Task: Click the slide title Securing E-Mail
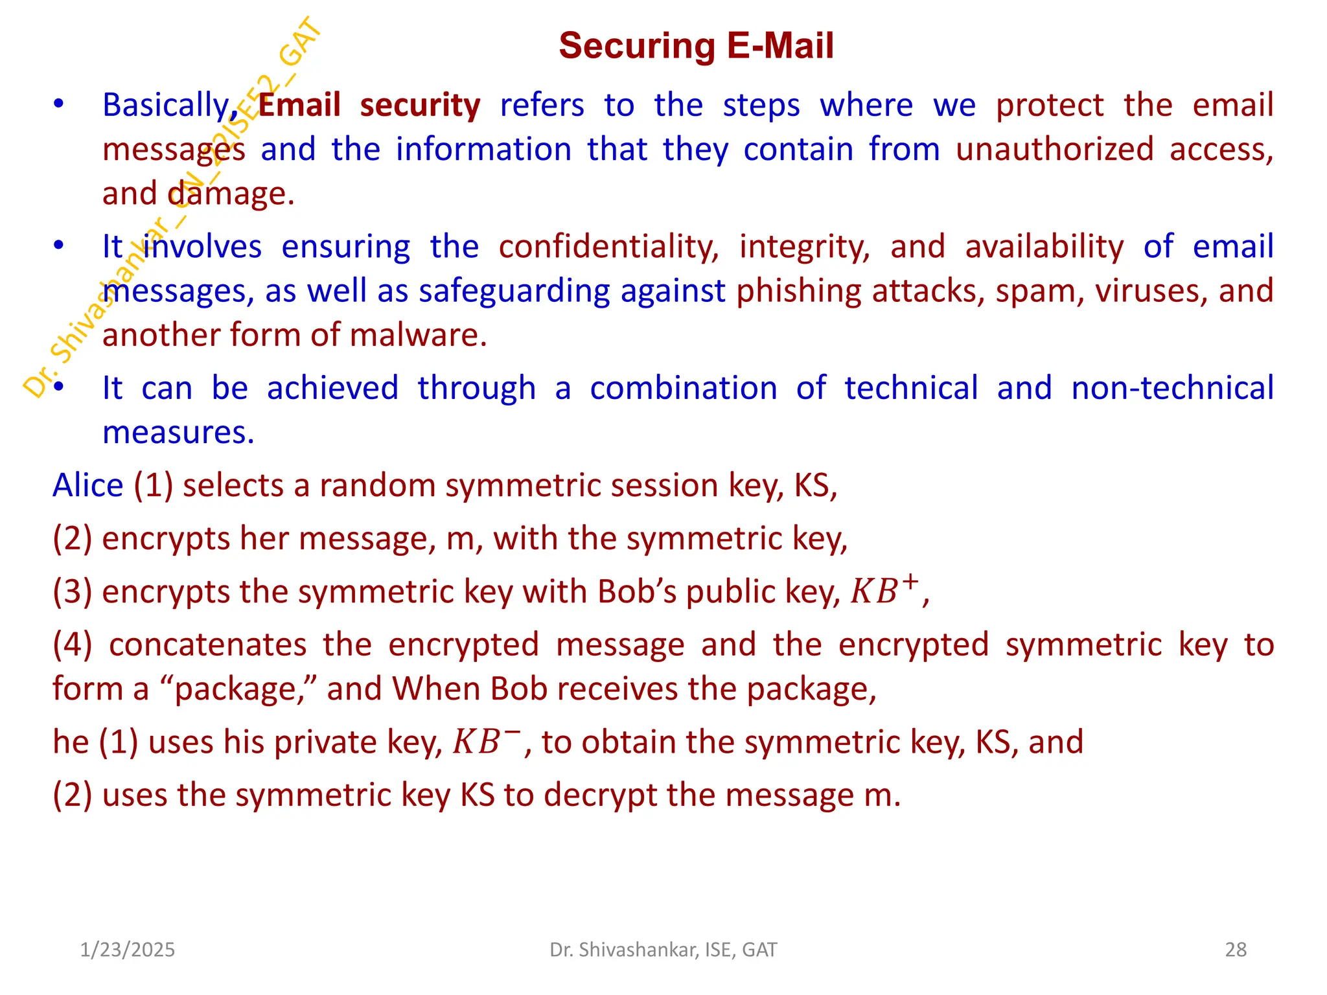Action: point(696,46)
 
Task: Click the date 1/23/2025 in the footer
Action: point(127,950)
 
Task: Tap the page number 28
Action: point(1236,950)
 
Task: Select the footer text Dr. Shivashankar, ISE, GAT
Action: point(663,950)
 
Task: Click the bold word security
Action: point(420,106)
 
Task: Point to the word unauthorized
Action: point(1054,150)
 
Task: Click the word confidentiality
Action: point(608,247)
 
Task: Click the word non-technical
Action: point(1172,388)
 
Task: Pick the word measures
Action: point(178,433)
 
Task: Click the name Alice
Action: point(88,485)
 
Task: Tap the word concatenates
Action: point(208,645)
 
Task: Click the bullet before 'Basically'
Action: point(59,104)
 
